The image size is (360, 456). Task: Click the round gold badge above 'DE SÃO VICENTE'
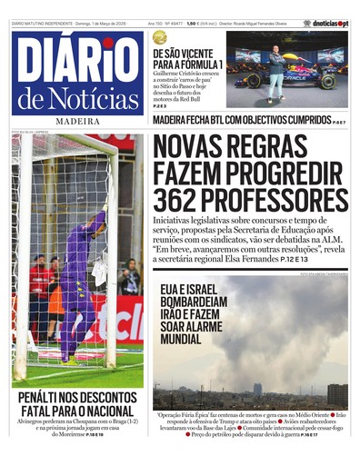click(x=160, y=37)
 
